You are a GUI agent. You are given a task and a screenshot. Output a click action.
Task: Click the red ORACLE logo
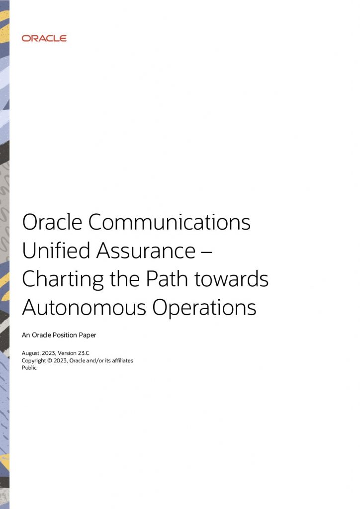(44, 38)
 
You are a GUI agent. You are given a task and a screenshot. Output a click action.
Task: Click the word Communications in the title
(170, 223)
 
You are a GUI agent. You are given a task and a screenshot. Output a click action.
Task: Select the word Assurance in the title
(145, 251)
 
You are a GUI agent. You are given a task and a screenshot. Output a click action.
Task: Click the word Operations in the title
(204, 309)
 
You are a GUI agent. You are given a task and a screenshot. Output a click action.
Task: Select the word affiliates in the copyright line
(119, 360)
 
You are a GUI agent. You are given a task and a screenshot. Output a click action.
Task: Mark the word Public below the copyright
(29, 368)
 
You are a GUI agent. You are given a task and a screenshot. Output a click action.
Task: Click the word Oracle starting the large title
(51, 223)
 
